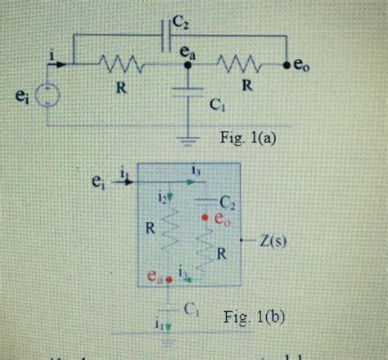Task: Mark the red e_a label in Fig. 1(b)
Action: (x=156, y=277)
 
